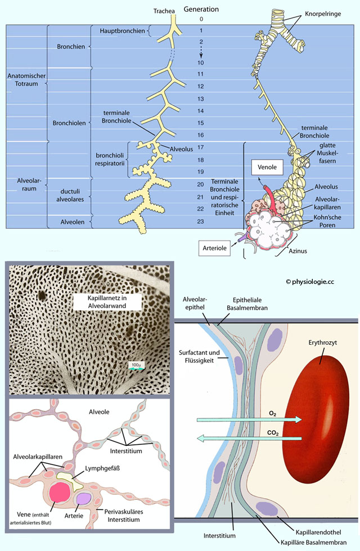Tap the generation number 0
[201, 19]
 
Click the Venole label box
[266, 167]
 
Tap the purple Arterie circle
[85, 498]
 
